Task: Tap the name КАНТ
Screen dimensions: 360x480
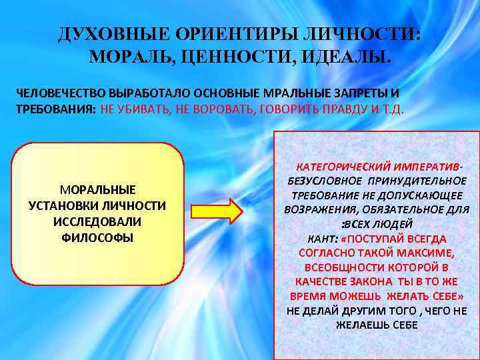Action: (x=321, y=239)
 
